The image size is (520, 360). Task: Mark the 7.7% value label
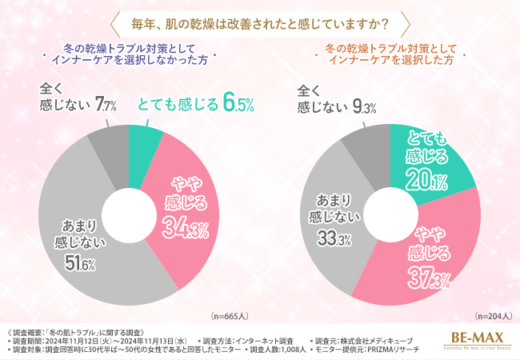pos(106,103)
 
